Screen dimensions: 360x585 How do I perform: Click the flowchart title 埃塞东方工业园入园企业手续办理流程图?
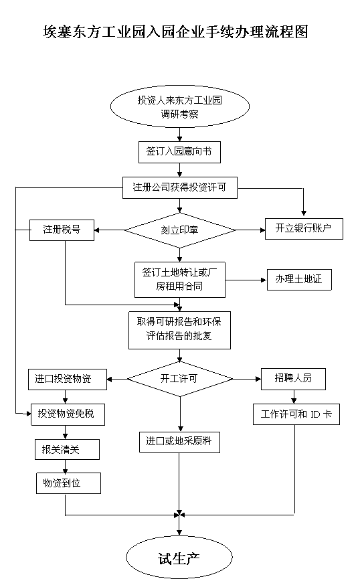175,32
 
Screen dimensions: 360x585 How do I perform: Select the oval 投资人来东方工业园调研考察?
180,106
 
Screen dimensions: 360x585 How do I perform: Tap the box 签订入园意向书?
179,152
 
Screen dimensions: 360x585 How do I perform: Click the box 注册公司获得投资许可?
180,187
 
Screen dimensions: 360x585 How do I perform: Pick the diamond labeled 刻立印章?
180,230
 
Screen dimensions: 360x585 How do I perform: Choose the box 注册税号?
62,230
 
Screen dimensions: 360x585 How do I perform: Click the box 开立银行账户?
304,228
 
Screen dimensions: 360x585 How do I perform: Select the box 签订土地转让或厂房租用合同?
180,279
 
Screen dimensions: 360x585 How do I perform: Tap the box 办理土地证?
299,279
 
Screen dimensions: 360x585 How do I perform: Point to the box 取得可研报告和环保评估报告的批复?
179,330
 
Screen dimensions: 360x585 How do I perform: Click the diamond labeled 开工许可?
180,379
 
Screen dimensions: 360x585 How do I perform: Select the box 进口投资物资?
68,380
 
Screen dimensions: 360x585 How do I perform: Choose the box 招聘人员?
293,379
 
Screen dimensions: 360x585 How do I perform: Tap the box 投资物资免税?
68,414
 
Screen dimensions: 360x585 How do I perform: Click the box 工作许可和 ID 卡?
296,414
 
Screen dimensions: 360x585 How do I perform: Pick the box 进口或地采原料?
179,442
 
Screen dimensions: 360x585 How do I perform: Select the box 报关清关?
67,449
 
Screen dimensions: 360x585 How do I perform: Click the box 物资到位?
68,483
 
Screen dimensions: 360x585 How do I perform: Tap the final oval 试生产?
179,558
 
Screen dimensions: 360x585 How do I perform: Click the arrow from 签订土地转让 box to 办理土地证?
246,280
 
